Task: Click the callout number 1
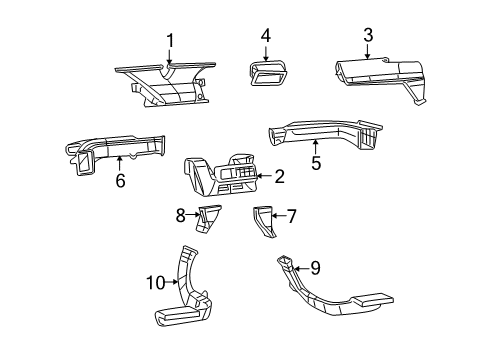(x=170, y=40)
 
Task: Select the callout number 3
(x=368, y=36)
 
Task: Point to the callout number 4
(x=265, y=36)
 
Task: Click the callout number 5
(x=316, y=160)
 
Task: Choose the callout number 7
(x=292, y=213)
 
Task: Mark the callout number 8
(x=181, y=213)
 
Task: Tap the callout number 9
(x=314, y=268)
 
